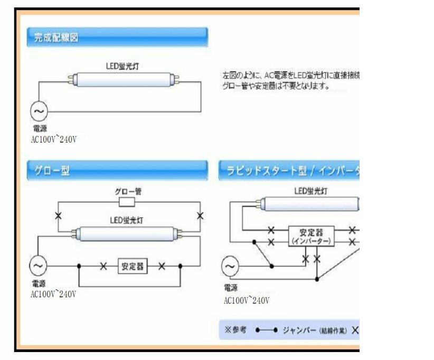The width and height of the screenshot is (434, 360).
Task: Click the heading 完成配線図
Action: pos(56,37)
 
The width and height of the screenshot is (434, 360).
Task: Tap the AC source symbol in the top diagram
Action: pos(39,111)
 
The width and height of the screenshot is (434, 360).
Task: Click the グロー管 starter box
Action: pos(127,202)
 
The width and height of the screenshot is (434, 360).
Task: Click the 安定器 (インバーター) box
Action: pos(310,236)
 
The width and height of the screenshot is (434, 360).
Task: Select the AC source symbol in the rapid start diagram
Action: pos(230,267)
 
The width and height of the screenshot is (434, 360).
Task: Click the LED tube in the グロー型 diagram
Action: pos(127,232)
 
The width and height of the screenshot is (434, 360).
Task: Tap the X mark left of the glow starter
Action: pos(59,216)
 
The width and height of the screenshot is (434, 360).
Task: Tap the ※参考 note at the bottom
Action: pos(235,329)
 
